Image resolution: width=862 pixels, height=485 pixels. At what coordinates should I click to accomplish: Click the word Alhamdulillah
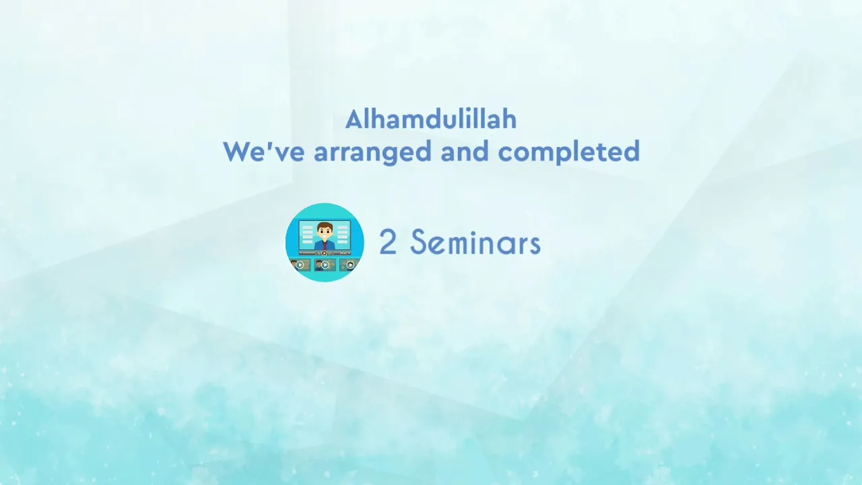point(430,119)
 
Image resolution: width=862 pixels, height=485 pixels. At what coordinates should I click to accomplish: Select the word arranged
point(372,153)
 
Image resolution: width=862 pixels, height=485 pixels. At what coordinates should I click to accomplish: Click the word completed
point(569,153)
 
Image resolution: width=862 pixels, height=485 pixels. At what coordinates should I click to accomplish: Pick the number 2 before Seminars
point(388,242)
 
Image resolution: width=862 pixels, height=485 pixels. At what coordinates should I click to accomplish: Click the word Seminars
point(475,242)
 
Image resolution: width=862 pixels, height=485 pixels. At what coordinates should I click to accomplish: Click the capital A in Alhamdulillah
point(355,119)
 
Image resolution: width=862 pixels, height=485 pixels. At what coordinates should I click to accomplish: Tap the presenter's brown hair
point(325,225)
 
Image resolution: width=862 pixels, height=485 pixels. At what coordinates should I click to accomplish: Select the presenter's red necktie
point(325,245)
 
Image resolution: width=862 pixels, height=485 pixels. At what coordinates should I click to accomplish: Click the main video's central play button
point(324,253)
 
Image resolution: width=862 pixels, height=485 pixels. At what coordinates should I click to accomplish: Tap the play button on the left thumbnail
point(300,265)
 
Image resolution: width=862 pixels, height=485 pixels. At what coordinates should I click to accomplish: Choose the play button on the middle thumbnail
point(325,265)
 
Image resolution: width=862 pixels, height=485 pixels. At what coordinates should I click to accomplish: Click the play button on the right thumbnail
point(350,265)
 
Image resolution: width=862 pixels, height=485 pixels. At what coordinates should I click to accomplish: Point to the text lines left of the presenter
point(308,234)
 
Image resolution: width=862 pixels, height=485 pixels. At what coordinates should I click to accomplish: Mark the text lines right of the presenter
point(342,234)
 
